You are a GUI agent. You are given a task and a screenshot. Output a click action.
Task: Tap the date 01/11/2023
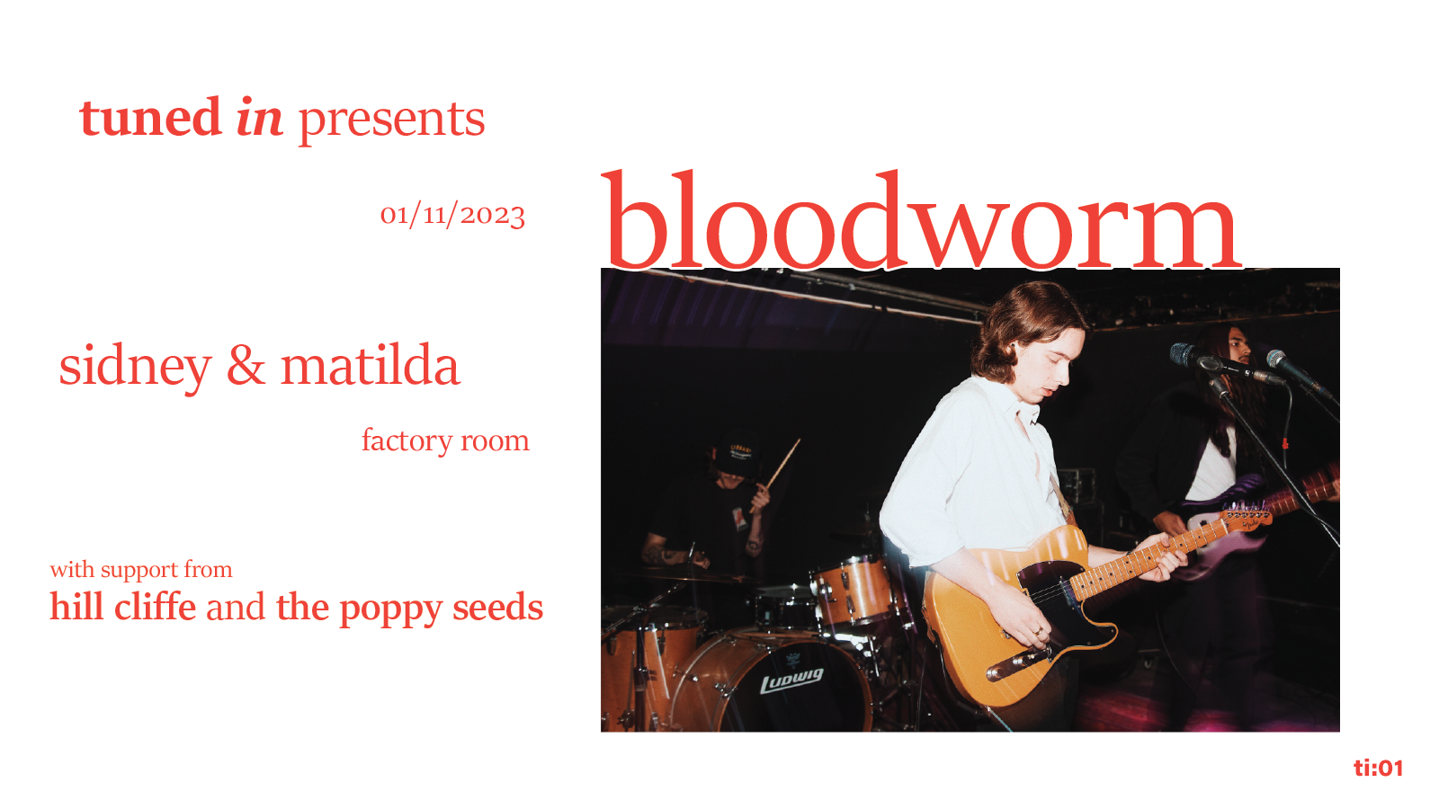click(452, 215)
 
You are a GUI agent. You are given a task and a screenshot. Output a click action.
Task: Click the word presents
click(391, 121)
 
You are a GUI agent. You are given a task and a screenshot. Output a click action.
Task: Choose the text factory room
click(445, 440)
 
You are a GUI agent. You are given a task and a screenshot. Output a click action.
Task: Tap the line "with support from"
click(141, 570)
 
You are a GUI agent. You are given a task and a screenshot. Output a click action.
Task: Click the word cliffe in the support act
click(155, 607)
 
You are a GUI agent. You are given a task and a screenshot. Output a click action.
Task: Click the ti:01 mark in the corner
click(1378, 768)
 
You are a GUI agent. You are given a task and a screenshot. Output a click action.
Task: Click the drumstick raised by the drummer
click(775, 476)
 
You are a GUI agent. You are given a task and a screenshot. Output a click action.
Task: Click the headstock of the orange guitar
click(1247, 517)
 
